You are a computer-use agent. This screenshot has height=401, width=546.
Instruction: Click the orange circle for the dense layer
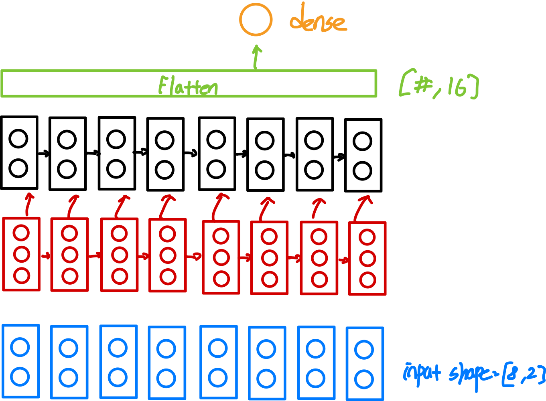tap(256, 20)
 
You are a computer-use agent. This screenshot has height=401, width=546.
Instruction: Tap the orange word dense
tap(318, 22)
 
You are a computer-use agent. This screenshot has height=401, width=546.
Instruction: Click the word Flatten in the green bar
tap(188, 86)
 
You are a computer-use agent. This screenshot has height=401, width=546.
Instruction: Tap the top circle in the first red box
tap(21, 233)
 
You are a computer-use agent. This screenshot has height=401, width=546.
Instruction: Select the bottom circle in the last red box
tap(367, 280)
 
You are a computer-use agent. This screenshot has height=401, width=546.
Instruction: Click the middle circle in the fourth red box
tap(168, 255)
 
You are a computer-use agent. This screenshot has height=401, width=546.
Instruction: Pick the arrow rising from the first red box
tap(28, 205)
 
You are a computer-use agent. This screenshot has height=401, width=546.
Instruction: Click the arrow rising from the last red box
tap(363, 207)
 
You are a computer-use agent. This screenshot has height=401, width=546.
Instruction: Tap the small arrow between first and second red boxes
tap(46, 255)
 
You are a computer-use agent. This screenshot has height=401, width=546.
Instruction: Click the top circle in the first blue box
tap(20, 347)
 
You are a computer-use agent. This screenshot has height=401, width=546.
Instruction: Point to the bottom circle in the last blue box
tap(364, 379)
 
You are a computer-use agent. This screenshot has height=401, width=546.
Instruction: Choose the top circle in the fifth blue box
tap(218, 348)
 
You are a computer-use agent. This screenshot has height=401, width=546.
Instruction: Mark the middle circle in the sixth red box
tap(269, 258)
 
